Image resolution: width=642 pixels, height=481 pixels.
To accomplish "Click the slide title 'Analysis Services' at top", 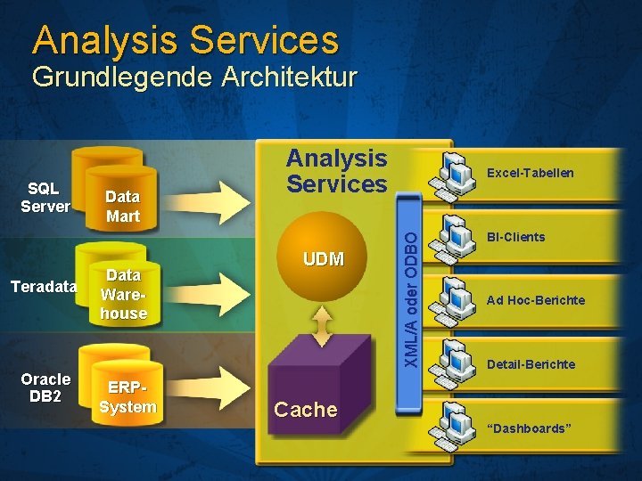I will (185, 40).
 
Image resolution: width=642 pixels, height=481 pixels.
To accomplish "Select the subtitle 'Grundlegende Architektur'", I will (193, 77).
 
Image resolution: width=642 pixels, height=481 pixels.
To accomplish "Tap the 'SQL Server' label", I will (44, 197).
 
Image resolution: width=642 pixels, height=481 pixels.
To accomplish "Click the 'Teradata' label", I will (43, 287).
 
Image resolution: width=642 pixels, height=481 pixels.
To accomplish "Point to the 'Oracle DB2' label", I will (45, 387).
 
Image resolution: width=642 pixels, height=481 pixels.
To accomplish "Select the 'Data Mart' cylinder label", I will (123, 207).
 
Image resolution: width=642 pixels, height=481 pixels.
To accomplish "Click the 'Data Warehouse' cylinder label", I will (123, 295).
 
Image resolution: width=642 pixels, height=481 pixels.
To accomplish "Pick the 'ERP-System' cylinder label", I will (128, 398).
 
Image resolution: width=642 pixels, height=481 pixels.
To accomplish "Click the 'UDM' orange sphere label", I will (323, 259).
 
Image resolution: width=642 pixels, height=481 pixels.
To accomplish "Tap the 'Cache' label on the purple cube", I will (305, 410).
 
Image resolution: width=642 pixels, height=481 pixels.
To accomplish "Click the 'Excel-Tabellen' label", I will (530, 173).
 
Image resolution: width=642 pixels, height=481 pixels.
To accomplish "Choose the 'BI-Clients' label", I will (515, 237).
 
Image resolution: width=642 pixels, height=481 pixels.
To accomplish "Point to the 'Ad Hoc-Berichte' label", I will (535, 300).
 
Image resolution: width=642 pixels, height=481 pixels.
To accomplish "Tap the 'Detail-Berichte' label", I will (531, 364).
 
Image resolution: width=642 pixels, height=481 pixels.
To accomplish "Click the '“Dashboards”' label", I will (529, 428).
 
